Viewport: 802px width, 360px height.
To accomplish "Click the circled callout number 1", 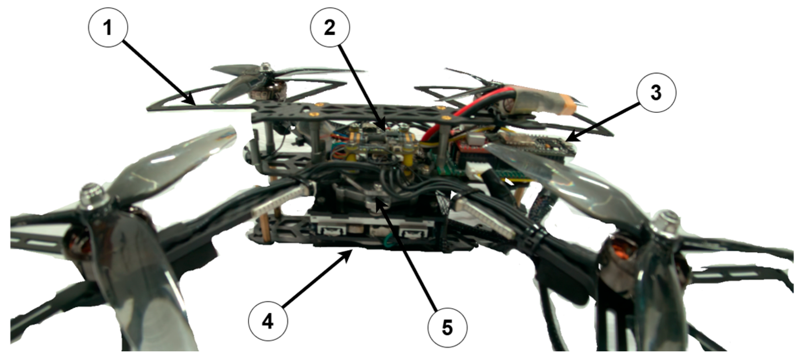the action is pos(108,27).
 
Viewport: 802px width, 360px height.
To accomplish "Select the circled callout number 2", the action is pos(330,27).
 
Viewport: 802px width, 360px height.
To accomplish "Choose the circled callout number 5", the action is pos(447,327).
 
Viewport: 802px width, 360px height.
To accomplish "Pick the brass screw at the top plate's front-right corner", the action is pos(446,117).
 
